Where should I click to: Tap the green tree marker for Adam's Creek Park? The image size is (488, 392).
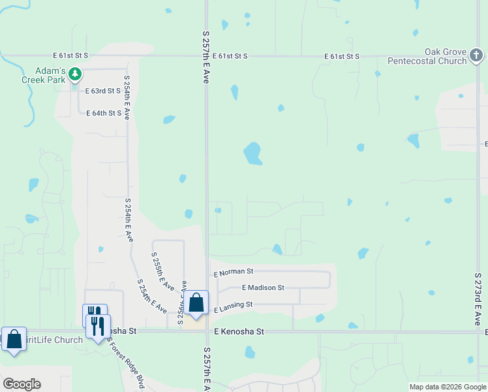76,74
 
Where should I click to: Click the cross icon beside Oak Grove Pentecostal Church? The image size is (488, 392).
477,61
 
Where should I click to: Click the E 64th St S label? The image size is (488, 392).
104,113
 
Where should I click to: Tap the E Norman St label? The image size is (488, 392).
233,271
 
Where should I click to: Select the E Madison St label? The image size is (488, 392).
263,287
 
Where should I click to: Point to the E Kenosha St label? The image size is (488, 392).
239,332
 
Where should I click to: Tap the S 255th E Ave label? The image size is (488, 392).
162,272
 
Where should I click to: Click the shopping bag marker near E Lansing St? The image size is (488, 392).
196,302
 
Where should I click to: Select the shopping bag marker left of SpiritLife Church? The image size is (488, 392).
14,339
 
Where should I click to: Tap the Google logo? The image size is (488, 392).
22,384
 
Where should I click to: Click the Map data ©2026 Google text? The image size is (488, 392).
447,387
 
